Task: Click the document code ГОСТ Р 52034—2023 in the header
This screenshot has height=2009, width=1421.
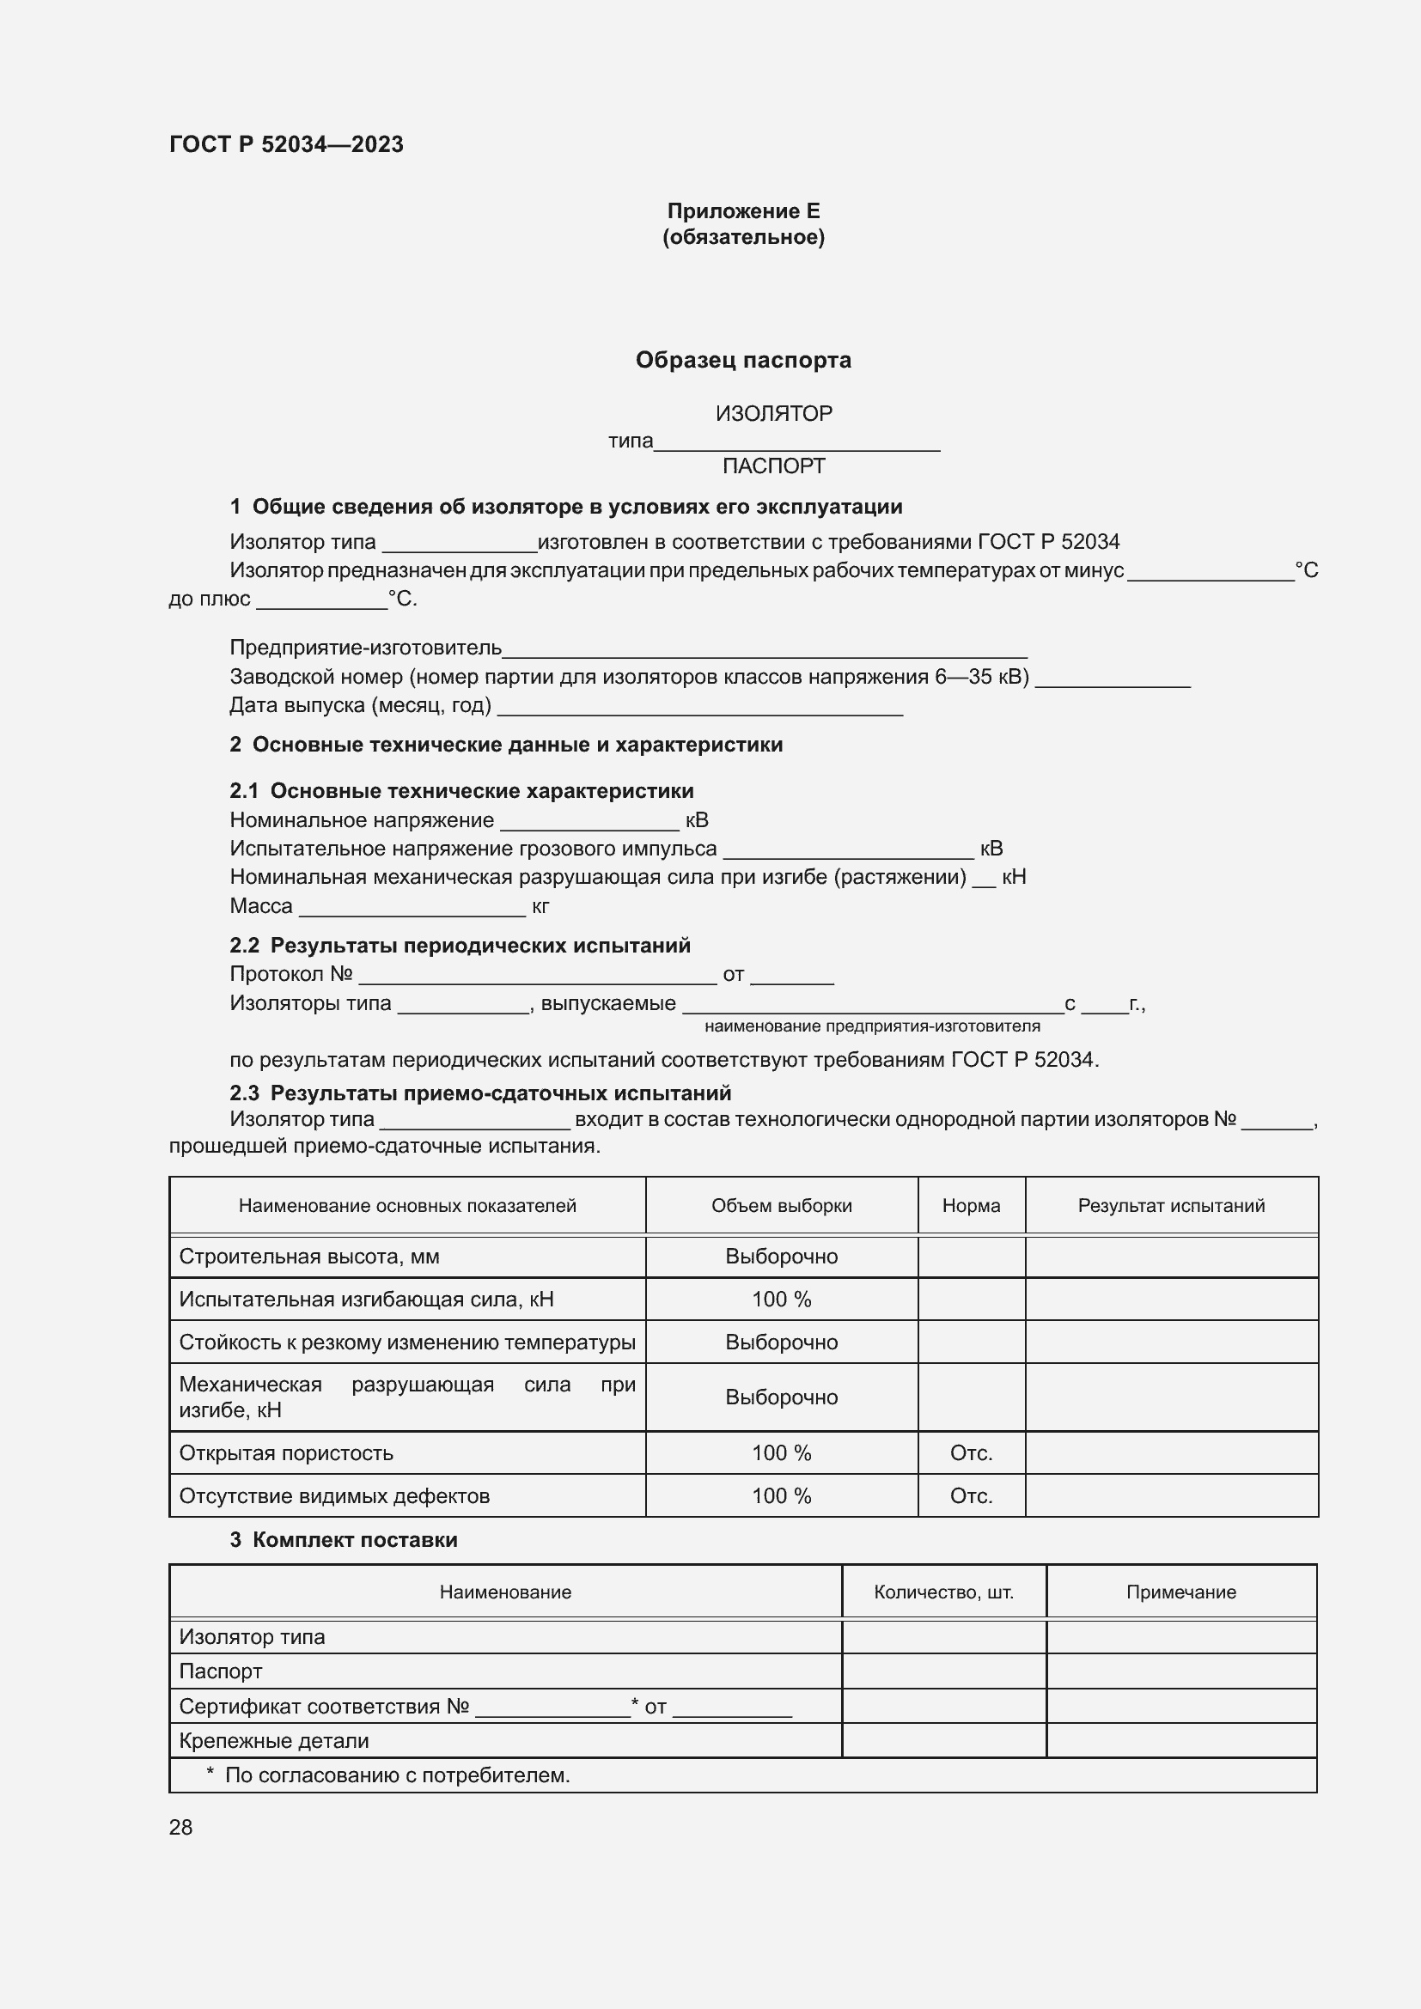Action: pos(286,144)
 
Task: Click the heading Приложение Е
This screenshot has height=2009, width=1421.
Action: pos(743,211)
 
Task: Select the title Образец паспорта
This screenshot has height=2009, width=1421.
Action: pos(743,360)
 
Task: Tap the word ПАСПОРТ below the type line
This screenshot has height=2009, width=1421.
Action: pos(773,466)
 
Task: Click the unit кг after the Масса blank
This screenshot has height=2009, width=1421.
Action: pos(540,906)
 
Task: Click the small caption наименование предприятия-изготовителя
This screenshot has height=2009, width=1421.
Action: pos(871,1026)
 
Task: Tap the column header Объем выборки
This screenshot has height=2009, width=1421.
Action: pos(781,1206)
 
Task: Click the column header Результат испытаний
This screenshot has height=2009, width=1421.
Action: pos(1171,1206)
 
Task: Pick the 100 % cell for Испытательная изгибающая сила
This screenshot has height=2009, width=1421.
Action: pos(781,1300)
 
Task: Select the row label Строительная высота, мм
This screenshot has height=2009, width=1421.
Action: pos(309,1257)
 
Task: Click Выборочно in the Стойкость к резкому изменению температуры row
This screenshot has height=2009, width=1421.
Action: pos(781,1342)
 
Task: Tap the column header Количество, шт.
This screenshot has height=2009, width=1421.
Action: pos(943,1592)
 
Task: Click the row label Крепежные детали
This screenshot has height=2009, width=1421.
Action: pos(274,1741)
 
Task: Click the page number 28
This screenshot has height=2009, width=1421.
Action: pos(181,1827)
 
